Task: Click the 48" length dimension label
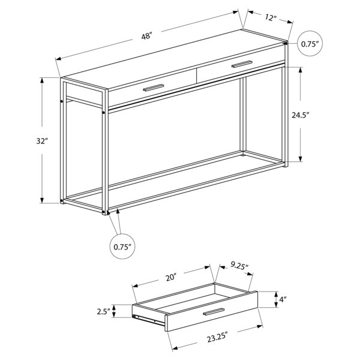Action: (x=147, y=36)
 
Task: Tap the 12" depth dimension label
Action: (x=271, y=17)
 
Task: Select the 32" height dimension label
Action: (x=42, y=141)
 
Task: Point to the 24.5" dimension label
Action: (x=301, y=115)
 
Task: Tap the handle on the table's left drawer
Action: (x=154, y=88)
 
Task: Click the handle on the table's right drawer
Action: (x=242, y=64)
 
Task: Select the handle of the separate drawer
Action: (x=214, y=311)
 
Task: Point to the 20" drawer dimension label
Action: (x=171, y=278)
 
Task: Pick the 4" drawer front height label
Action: (x=283, y=299)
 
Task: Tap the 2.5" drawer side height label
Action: (x=104, y=312)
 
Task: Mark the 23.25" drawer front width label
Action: (x=217, y=337)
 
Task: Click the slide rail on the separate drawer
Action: (x=149, y=320)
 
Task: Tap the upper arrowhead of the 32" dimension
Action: (x=42, y=80)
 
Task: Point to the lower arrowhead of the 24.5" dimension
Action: (x=301, y=159)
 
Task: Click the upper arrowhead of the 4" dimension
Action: (x=276, y=294)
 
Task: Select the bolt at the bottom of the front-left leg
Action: (x=104, y=211)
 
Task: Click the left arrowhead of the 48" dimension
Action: (x=58, y=59)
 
